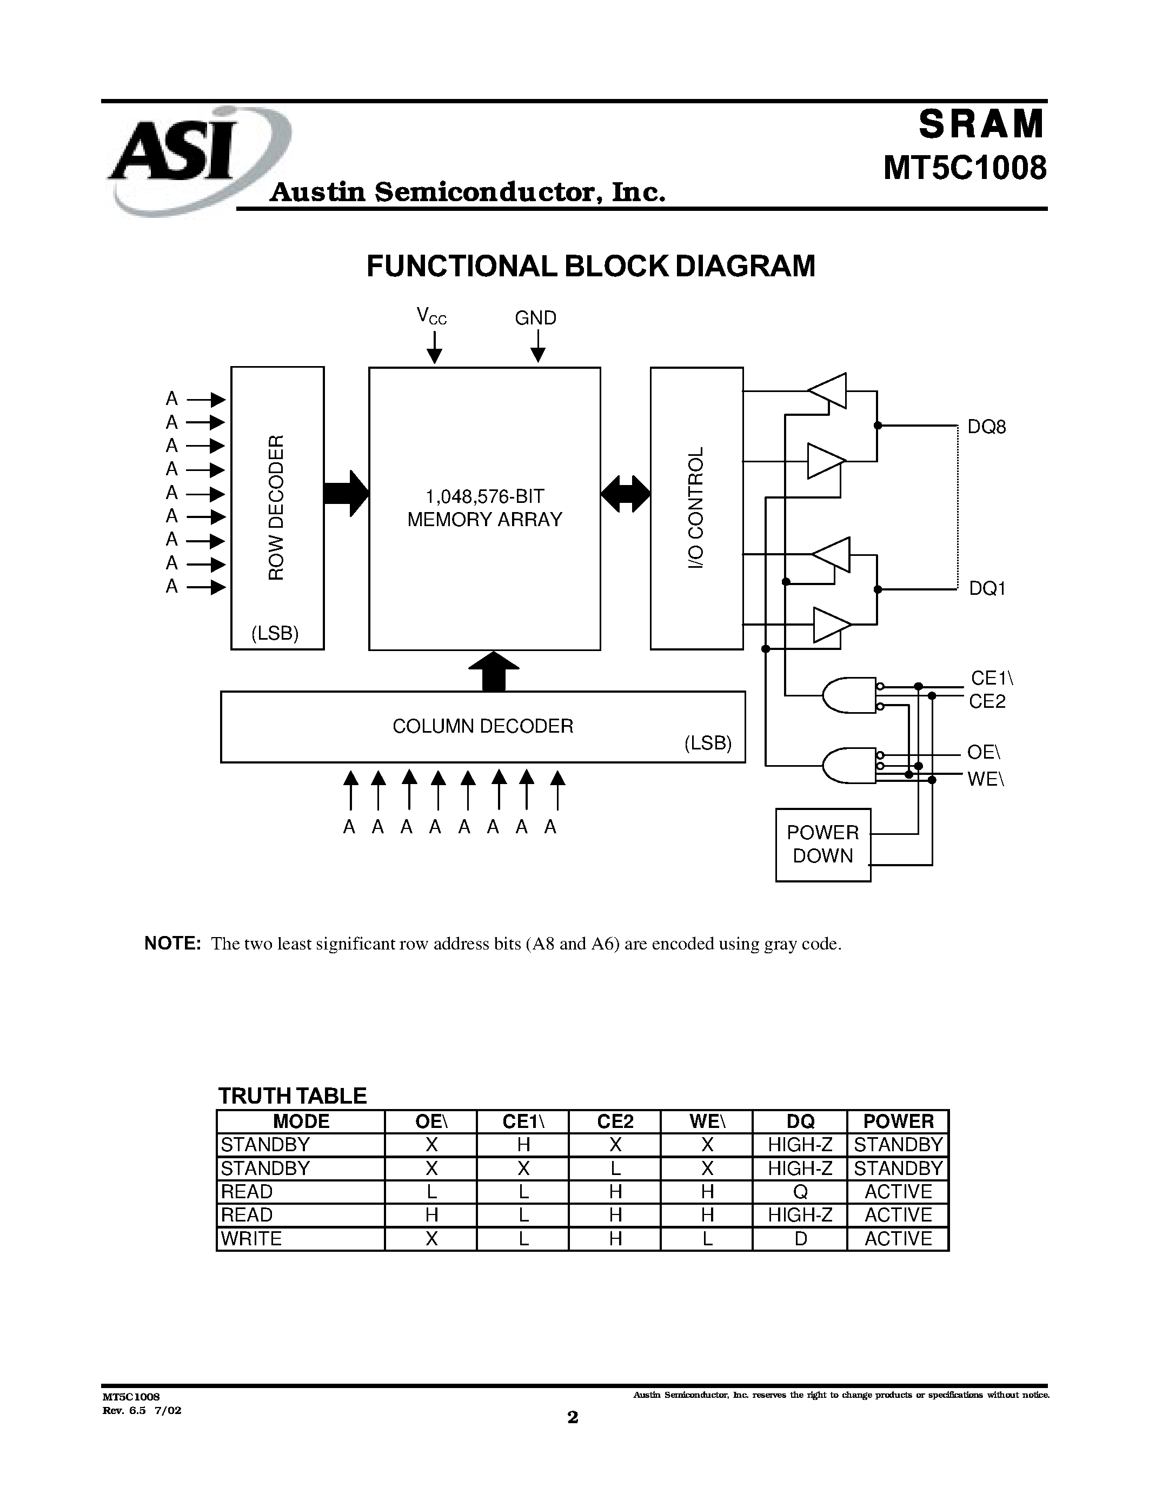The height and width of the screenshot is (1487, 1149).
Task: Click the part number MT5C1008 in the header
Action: point(965,168)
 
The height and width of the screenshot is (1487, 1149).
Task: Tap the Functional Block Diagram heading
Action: point(590,266)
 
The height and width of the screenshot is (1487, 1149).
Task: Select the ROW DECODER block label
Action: point(276,507)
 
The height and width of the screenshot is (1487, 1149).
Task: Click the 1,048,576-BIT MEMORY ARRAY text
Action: point(484,507)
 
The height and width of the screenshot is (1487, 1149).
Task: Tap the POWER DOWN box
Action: point(822,844)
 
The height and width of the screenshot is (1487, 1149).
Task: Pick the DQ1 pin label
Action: point(987,588)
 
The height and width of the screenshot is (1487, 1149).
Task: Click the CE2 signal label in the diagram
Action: point(987,701)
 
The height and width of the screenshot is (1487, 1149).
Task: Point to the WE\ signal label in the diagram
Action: point(986,779)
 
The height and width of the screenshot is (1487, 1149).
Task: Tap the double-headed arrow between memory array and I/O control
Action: point(626,494)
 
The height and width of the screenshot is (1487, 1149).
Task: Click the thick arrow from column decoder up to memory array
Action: point(494,671)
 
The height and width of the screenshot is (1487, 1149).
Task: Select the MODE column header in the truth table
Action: point(301,1121)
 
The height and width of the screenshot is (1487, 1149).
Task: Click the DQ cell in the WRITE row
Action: point(800,1238)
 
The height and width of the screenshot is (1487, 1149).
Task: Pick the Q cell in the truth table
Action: point(800,1192)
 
